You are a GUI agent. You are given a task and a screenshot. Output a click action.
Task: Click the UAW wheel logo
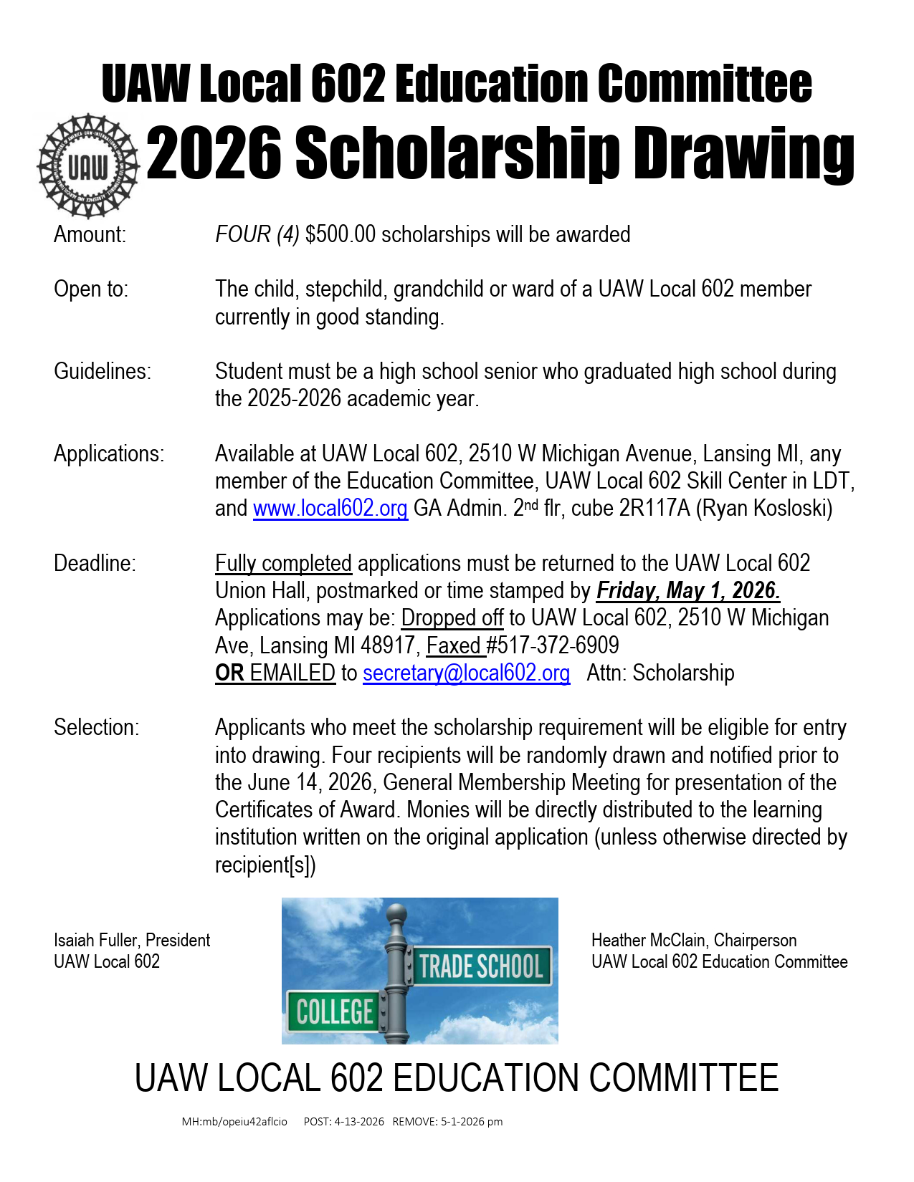[87, 166]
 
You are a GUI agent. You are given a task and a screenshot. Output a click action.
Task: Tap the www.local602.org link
[330, 509]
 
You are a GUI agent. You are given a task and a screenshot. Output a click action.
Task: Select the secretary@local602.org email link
[466, 673]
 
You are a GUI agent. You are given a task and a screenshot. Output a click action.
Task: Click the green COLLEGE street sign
[334, 1012]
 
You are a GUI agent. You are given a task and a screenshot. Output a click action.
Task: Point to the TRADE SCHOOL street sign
[481, 966]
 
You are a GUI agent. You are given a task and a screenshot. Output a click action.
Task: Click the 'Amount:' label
[90, 235]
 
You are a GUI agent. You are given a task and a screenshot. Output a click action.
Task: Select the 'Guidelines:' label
[103, 372]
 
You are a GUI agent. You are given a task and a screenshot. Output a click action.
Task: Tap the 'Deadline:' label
[95, 564]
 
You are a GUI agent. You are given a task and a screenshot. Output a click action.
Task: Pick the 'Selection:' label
[97, 728]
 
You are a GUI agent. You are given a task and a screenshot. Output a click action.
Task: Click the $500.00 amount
[340, 235]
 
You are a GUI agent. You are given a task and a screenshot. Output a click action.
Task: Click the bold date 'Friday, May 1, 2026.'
[688, 591]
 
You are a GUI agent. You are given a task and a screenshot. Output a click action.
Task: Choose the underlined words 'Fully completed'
[283, 564]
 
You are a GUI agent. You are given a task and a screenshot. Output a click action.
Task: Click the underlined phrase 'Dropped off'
[452, 618]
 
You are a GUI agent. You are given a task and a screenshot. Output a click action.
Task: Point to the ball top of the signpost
[396, 915]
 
